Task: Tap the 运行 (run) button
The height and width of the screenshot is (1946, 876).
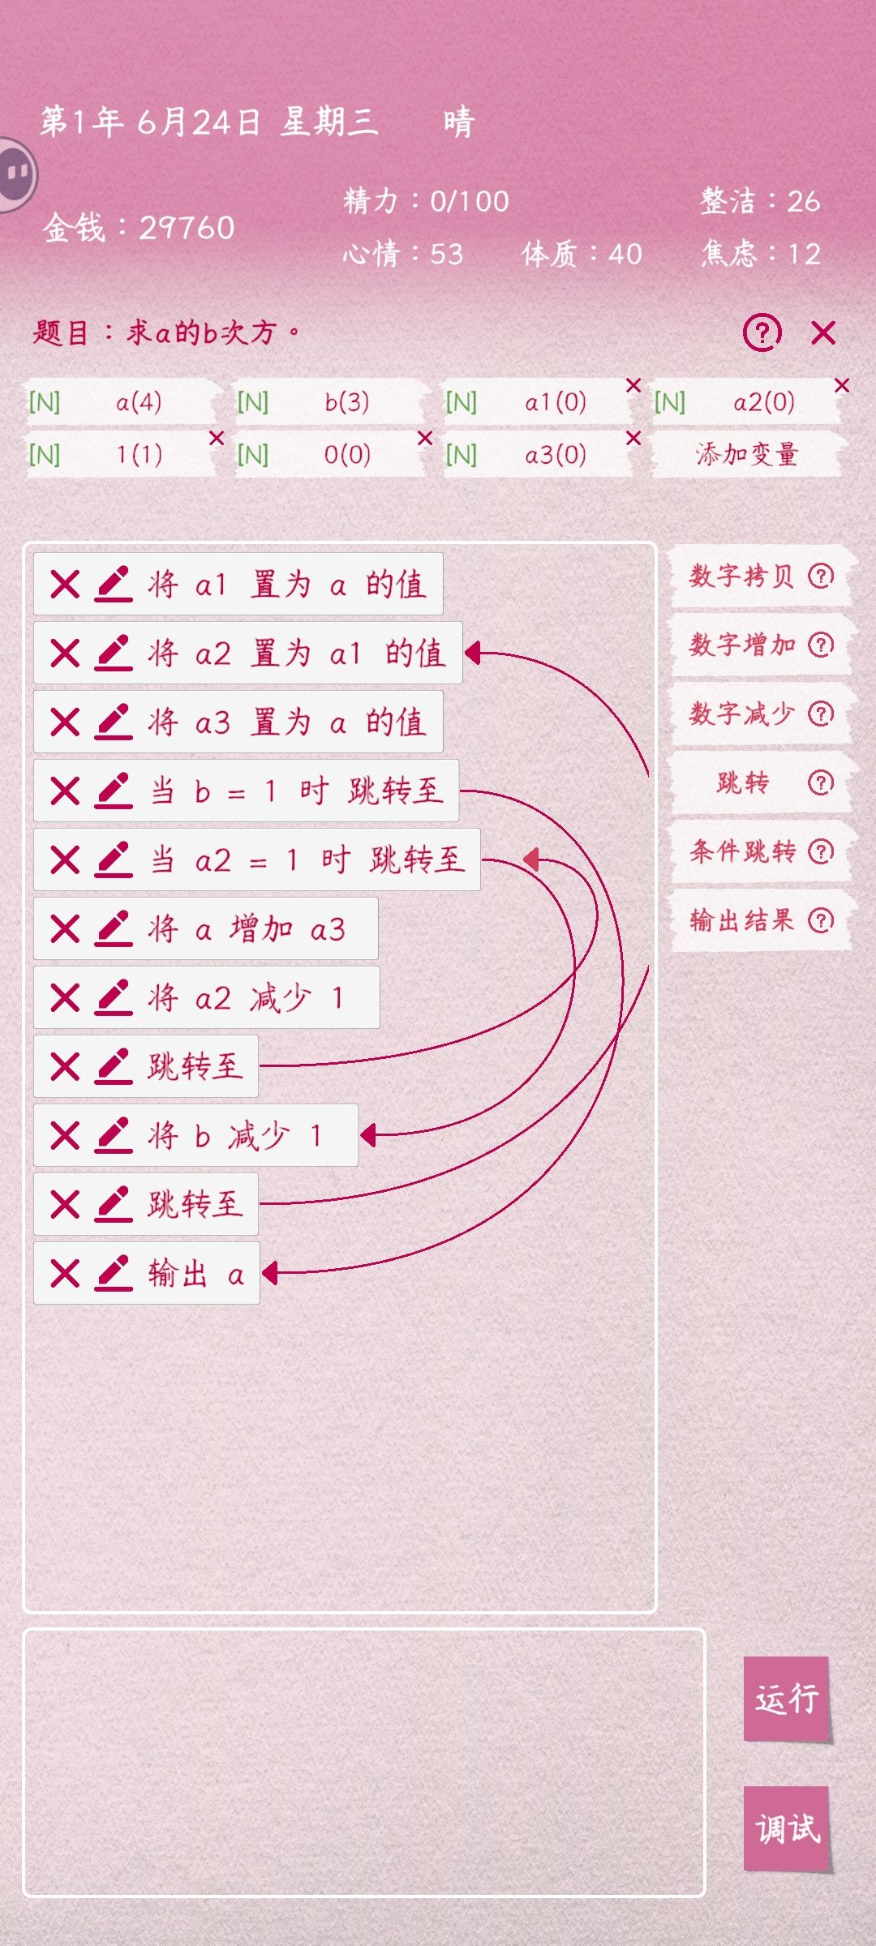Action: pyautogui.click(x=787, y=1699)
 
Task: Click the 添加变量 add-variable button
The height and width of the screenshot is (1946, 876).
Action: pyautogui.click(x=746, y=454)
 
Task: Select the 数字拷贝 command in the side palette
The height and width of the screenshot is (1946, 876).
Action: pyautogui.click(x=741, y=576)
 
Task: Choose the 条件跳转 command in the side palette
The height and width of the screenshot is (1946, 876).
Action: pyautogui.click(x=742, y=851)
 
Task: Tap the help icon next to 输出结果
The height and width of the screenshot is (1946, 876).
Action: pyautogui.click(x=821, y=920)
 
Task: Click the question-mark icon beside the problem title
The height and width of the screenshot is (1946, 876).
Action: pyautogui.click(x=762, y=332)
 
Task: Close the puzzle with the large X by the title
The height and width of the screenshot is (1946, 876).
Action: pyautogui.click(x=823, y=332)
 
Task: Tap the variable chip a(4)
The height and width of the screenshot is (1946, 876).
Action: pyautogui.click(x=122, y=401)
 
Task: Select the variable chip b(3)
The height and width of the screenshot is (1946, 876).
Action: pyautogui.click(x=331, y=401)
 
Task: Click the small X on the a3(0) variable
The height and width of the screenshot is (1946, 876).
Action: pyautogui.click(x=633, y=438)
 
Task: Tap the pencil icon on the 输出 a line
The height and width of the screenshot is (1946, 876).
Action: pyautogui.click(x=114, y=1273)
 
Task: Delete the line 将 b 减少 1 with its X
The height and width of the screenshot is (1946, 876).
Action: pyautogui.click(x=65, y=1135)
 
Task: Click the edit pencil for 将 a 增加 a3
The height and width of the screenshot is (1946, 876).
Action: pyautogui.click(x=114, y=928)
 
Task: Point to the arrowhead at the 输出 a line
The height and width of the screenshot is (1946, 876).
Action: pyautogui.click(x=270, y=1273)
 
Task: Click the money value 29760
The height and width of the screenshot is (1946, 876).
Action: pyautogui.click(x=187, y=228)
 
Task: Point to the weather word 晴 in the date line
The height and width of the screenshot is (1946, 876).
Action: pyautogui.click(x=458, y=122)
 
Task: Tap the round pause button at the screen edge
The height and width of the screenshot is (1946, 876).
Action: pyautogui.click(x=16, y=174)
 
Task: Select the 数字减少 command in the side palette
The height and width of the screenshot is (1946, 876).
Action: pyautogui.click(x=742, y=714)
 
